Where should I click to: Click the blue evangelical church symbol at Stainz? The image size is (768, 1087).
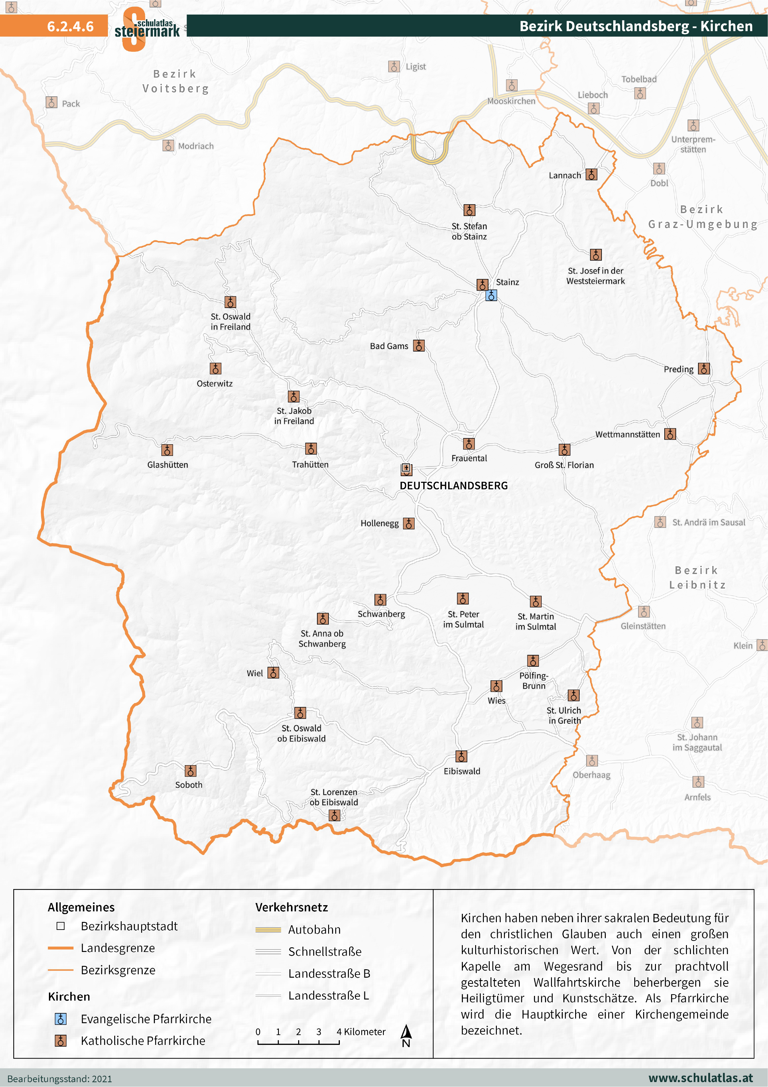491,296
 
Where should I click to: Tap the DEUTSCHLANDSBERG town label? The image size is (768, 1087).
453,486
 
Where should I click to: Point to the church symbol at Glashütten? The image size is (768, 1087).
167,450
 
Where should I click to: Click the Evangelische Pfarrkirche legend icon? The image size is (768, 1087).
61,1019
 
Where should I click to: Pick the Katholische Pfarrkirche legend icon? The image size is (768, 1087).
61,1041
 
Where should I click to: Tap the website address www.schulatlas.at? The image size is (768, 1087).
700,1078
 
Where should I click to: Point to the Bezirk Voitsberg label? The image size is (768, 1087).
176,81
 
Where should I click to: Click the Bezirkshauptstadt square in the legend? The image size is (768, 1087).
61,926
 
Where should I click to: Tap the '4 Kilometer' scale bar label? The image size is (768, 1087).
361,1032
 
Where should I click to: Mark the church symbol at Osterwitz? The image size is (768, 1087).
215,368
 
